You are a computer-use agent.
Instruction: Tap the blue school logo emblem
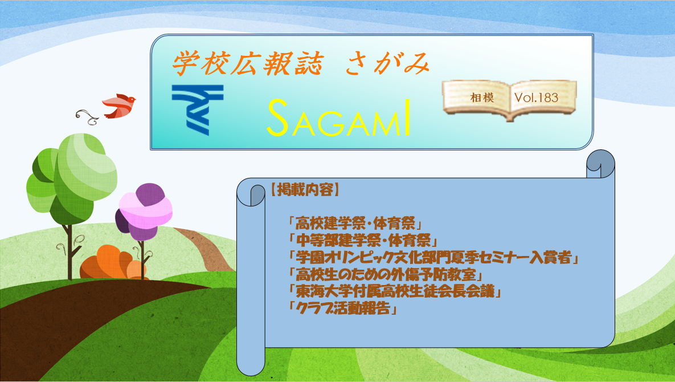(198, 110)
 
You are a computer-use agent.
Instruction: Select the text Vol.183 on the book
(536, 97)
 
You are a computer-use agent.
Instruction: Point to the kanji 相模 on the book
(482, 97)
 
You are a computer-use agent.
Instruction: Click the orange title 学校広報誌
(248, 64)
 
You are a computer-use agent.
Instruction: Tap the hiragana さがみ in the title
(387, 64)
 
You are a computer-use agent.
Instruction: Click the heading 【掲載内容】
(305, 189)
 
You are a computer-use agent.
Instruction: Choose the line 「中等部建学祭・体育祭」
(362, 241)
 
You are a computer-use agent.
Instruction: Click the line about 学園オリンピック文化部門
(433, 258)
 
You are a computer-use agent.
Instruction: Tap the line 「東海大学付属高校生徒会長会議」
(395, 292)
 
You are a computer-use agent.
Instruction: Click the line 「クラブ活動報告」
(342, 309)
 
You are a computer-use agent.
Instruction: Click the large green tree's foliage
(71, 178)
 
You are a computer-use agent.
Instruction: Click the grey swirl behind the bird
(88, 116)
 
